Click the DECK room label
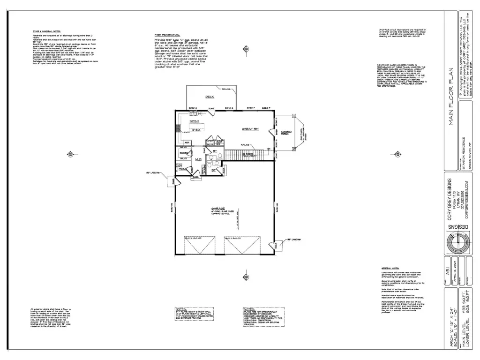(x=210, y=97)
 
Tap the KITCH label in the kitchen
(x=194, y=121)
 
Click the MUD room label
(x=198, y=160)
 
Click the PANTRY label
(x=184, y=153)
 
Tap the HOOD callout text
(x=187, y=132)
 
